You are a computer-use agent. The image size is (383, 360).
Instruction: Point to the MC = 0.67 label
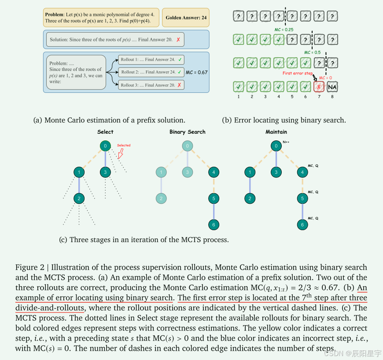click(x=197, y=72)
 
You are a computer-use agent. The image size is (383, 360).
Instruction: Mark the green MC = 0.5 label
click(x=313, y=52)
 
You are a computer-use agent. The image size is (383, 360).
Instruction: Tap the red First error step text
click(x=297, y=73)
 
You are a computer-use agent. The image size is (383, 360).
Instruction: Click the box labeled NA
click(x=332, y=86)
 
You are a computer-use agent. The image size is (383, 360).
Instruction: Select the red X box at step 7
click(x=319, y=86)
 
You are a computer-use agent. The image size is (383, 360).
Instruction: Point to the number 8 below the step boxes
click(x=332, y=97)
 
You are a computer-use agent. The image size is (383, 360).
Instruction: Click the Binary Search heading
click(x=188, y=132)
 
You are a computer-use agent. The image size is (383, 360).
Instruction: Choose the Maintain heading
click(x=276, y=132)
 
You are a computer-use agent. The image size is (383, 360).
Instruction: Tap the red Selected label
click(x=124, y=145)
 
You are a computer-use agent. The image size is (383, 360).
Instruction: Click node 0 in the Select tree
click(x=105, y=146)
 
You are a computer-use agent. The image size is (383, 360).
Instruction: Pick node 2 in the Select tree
click(x=79, y=198)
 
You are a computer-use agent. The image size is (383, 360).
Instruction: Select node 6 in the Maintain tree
click(x=302, y=225)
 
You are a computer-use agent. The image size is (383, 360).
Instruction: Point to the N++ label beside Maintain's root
click(x=287, y=142)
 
